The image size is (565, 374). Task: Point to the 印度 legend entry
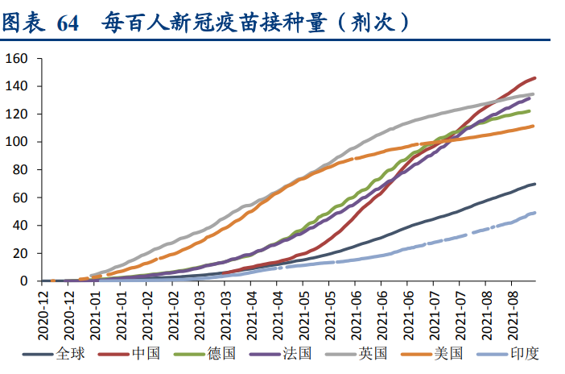pyautogui.click(x=522, y=353)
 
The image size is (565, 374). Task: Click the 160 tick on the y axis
pyautogui.click(x=17, y=58)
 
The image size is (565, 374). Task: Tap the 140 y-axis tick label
pyautogui.click(x=17, y=86)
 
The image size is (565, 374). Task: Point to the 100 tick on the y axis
pyautogui.click(x=17, y=142)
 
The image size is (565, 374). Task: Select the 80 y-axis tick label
pyautogui.click(x=20, y=169)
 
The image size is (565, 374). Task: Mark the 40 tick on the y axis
pyautogui.click(x=20, y=226)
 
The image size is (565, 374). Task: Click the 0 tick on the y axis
pyautogui.click(x=23, y=280)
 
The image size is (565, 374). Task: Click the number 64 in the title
pyautogui.click(x=68, y=22)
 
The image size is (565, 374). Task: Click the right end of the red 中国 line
pyautogui.click(x=535, y=78)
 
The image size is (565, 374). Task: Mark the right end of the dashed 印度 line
pyautogui.click(x=535, y=213)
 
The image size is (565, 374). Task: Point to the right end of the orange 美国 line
pyautogui.click(x=535, y=125)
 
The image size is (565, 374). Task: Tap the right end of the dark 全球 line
pyautogui.click(x=535, y=184)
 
